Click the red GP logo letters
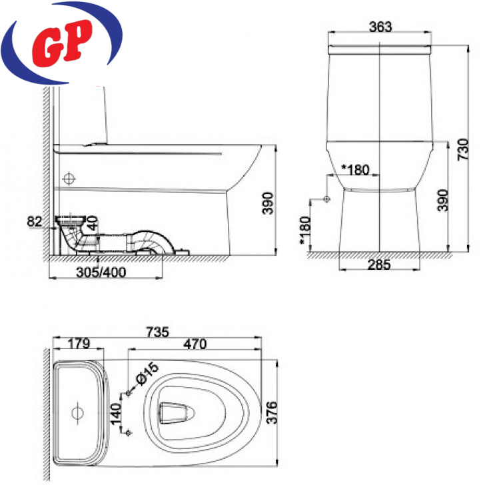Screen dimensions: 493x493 pos(62,43)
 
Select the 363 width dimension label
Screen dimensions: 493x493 pos(380,27)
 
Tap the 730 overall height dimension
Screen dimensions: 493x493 pos(463,150)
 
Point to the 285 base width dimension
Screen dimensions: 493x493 pos(379,264)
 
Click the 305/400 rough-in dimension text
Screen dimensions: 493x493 pos(101,272)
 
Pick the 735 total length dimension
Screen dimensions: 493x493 pos(157,332)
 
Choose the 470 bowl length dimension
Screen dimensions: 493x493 pos(195,344)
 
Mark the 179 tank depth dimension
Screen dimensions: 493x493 pos(79,344)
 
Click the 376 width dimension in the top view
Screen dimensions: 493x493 pos(272,412)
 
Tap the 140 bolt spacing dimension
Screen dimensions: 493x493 pos(116,413)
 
